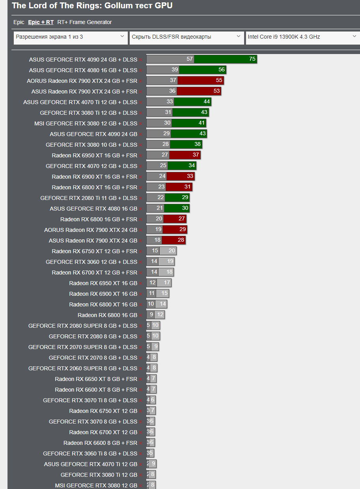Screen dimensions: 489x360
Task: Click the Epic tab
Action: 19,22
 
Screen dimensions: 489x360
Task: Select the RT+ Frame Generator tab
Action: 84,22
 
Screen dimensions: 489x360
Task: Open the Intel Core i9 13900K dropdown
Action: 302,37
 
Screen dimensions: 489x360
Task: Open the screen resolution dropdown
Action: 71,37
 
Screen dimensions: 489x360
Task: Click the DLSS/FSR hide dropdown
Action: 187,37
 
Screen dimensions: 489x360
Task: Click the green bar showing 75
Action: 225,59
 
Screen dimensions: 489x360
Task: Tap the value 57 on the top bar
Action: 190,59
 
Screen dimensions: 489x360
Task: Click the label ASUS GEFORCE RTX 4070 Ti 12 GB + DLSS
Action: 80,102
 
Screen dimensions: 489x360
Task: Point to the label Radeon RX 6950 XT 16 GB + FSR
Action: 95,155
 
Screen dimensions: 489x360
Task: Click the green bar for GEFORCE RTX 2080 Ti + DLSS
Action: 177,198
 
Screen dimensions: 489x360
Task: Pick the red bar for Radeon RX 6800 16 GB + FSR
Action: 175,219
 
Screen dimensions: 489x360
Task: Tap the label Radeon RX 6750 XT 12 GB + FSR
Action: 95,251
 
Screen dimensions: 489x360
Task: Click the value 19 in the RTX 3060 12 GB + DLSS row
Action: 170,261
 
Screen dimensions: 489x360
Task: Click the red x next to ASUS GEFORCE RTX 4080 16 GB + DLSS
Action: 140,71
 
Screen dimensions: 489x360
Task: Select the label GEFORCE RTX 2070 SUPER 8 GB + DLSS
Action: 83,347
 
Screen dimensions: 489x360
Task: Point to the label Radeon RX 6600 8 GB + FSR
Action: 100,443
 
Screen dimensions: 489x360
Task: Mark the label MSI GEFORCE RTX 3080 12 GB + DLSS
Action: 86,123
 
